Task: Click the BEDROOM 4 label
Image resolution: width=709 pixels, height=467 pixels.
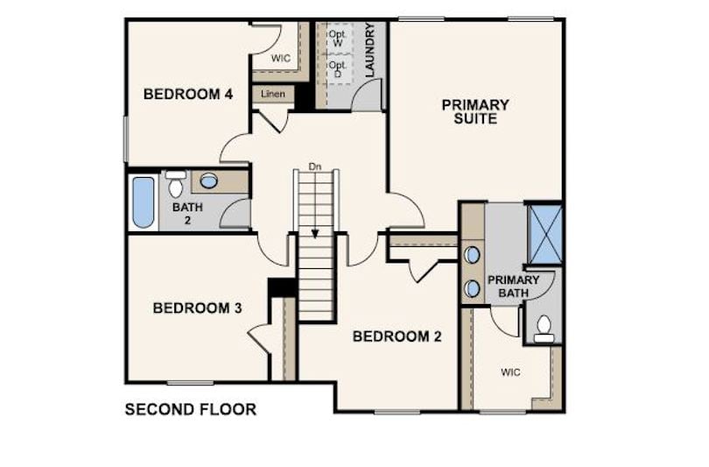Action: pos(188,94)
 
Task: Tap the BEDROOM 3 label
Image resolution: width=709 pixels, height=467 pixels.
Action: pos(197,308)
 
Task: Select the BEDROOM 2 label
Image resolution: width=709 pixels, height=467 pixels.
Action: pos(397,336)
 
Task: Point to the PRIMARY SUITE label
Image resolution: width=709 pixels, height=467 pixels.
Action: pos(475,112)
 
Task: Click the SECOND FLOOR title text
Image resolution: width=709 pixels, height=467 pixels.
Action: pos(191,409)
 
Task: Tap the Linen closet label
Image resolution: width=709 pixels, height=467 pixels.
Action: pos(273,94)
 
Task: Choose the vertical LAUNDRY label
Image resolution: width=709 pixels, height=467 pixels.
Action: pos(370,50)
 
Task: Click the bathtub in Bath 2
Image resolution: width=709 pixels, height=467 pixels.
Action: pos(144,202)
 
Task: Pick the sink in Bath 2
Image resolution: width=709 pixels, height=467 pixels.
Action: pos(208,181)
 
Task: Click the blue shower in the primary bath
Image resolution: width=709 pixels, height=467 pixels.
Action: pos(544,234)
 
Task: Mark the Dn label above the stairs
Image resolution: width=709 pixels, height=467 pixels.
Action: pos(315,167)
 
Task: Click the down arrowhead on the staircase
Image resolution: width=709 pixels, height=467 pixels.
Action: pos(315,234)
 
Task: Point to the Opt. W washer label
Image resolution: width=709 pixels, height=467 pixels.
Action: pos(337,39)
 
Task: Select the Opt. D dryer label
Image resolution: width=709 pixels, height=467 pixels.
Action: pos(337,69)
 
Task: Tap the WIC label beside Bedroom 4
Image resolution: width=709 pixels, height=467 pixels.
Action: pos(281,59)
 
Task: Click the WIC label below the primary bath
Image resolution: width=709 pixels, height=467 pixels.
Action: pos(510,372)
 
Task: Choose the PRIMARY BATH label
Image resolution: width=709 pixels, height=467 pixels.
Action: pos(514,287)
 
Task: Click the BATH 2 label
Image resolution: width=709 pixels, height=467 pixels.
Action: pos(187,214)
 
